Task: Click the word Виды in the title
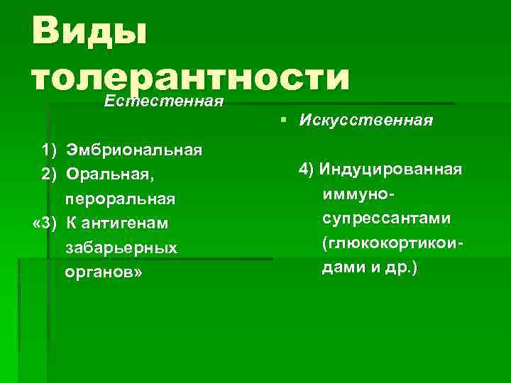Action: pos(88,32)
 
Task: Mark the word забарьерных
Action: pos(121,249)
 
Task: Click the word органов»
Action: pos(104,273)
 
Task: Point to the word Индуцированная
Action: pos(390,170)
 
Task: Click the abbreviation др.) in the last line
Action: pos(402,269)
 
